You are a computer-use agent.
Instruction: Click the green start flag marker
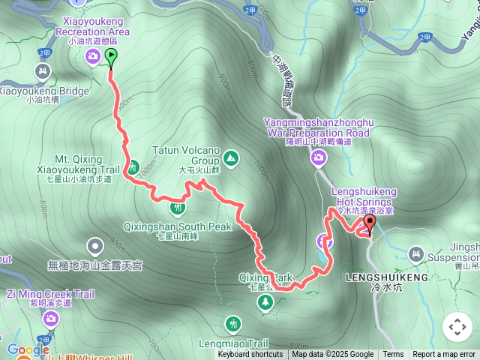click(112, 57)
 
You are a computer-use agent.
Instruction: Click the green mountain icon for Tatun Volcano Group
click(230, 157)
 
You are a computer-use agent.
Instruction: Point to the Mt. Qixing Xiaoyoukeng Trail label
click(82, 164)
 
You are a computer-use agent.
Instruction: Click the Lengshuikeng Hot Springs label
click(366, 196)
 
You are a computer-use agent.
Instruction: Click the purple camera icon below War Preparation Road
click(319, 157)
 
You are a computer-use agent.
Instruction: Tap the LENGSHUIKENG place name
click(386, 277)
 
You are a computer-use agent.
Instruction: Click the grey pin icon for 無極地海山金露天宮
click(94, 245)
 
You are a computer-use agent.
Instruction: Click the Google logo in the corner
click(27, 349)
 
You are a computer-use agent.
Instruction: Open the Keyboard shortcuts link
click(250, 355)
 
